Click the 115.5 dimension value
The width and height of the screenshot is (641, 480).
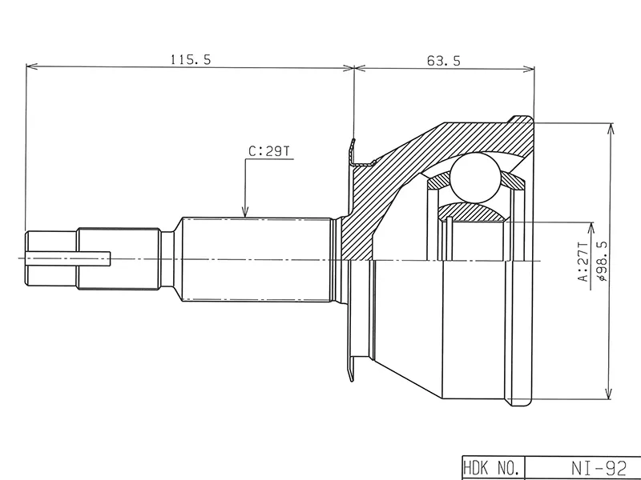tap(189, 58)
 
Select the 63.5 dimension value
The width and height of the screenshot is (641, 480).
tap(439, 58)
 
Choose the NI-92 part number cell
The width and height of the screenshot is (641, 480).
tap(583, 466)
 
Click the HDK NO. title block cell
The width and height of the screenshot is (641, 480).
tap(493, 466)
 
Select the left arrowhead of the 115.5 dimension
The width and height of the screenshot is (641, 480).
tap(30, 67)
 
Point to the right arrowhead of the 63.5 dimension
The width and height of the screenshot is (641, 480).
tap(530, 67)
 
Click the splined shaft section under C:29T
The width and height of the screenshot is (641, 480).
tap(256, 258)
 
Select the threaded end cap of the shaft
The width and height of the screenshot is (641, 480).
tap(52, 258)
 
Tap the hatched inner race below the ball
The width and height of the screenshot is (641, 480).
tap(473, 212)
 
